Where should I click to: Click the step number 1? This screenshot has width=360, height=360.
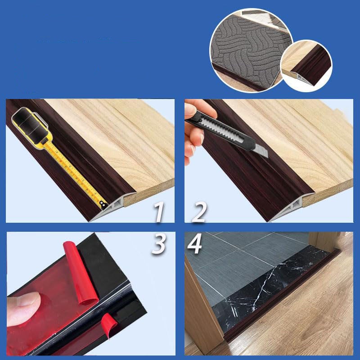159,211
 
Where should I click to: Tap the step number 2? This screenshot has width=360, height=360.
198,211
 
